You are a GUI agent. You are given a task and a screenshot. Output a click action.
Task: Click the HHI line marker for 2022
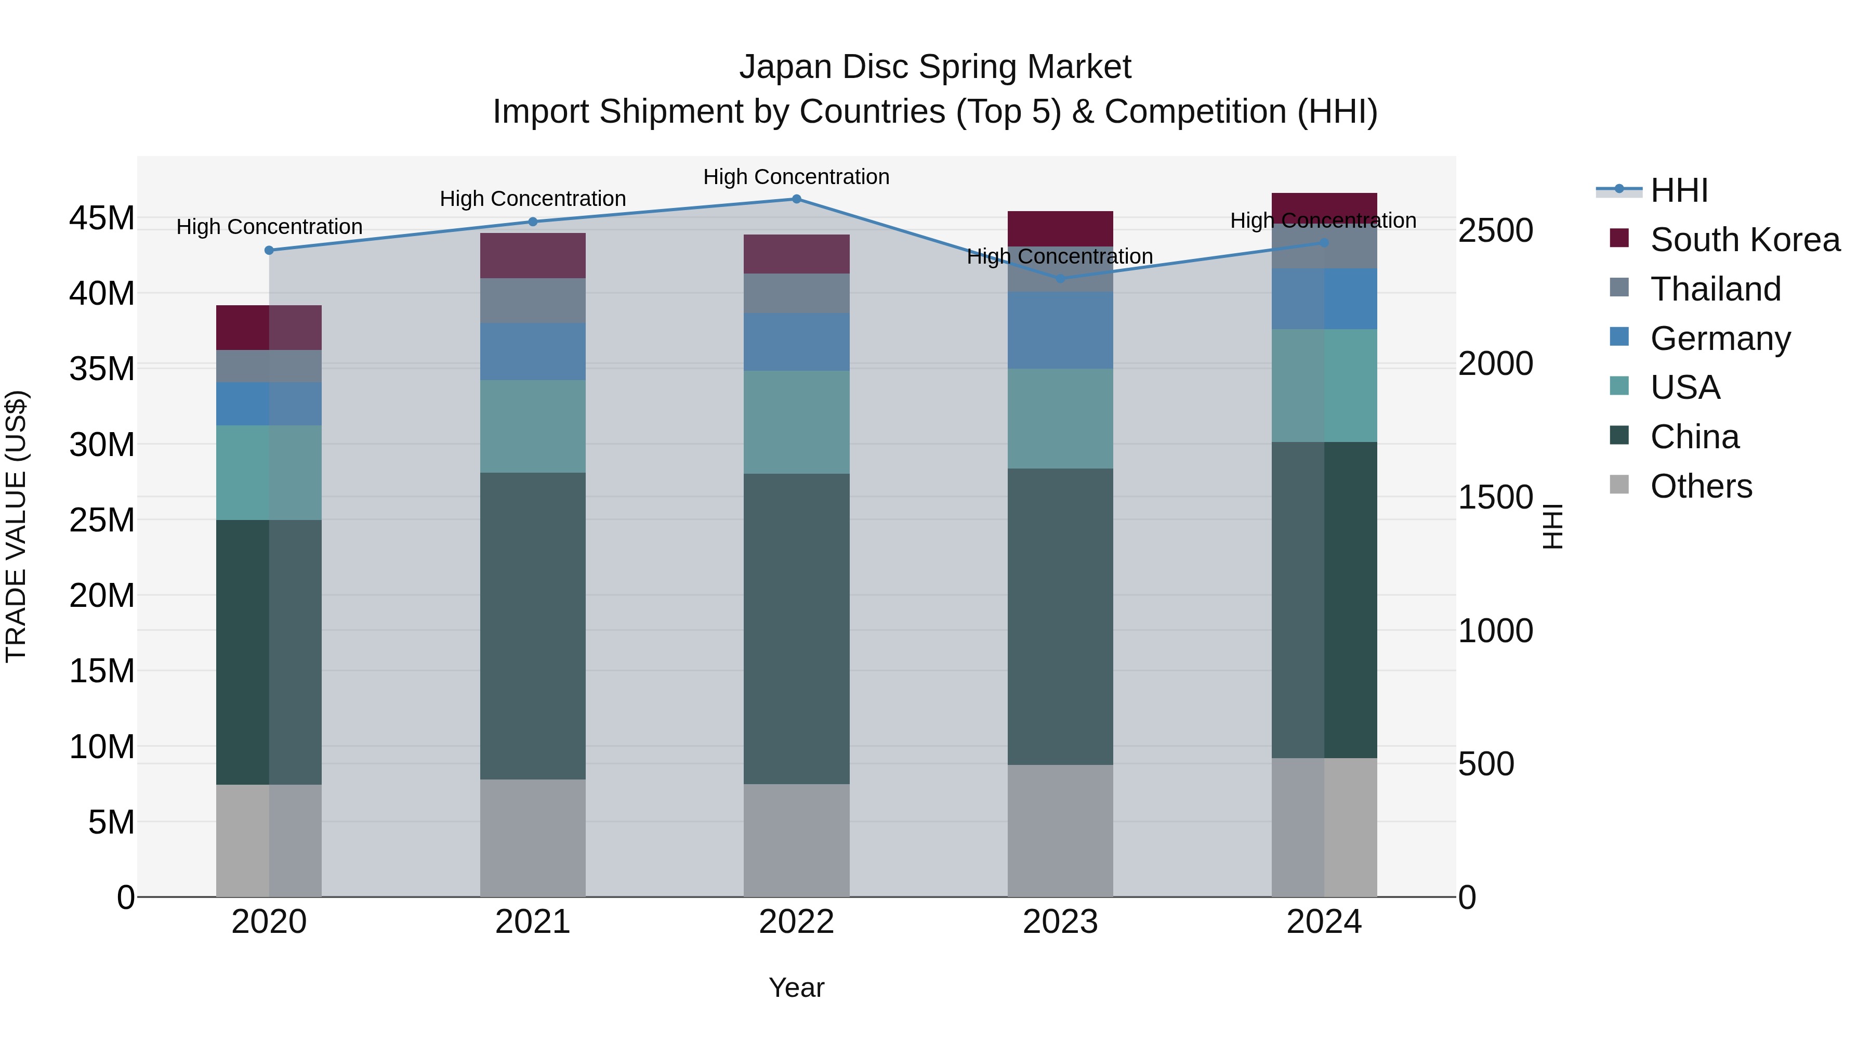click(x=796, y=199)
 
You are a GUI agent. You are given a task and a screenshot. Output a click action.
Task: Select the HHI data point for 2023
click(x=1060, y=278)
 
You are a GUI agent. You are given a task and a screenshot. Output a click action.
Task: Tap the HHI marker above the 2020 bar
click(x=269, y=250)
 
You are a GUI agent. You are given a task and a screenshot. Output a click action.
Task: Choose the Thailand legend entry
click(x=1715, y=289)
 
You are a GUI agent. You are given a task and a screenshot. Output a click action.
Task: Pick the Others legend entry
click(x=1701, y=486)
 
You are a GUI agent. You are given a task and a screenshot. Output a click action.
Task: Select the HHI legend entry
click(x=1679, y=190)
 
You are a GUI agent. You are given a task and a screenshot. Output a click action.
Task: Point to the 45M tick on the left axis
click(x=102, y=218)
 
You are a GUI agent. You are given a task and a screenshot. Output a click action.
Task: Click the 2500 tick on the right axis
click(x=1495, y=230)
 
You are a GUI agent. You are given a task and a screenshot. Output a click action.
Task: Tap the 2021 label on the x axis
click(x=532, y=922)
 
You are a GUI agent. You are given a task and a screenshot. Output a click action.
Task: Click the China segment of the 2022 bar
click(x=796, y=629)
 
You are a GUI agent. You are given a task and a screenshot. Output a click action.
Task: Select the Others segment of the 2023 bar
click(x=1060, y=830)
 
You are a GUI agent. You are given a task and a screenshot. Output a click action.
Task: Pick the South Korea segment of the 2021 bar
click(x=532, y=256)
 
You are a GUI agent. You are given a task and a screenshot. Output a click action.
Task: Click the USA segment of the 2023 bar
click(x=1060, y=419)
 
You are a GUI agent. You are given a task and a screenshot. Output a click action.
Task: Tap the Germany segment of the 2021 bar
click(x=532, y=352)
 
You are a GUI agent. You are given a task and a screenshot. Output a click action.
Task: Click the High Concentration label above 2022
click(x=796, y=177)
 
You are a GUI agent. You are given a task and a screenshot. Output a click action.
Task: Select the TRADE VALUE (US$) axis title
click(x=16, y=526)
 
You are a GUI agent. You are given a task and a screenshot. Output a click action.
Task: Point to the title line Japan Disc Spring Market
click(x=935, y=67)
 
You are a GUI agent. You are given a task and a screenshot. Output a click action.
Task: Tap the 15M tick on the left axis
click(x=102, y=671)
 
